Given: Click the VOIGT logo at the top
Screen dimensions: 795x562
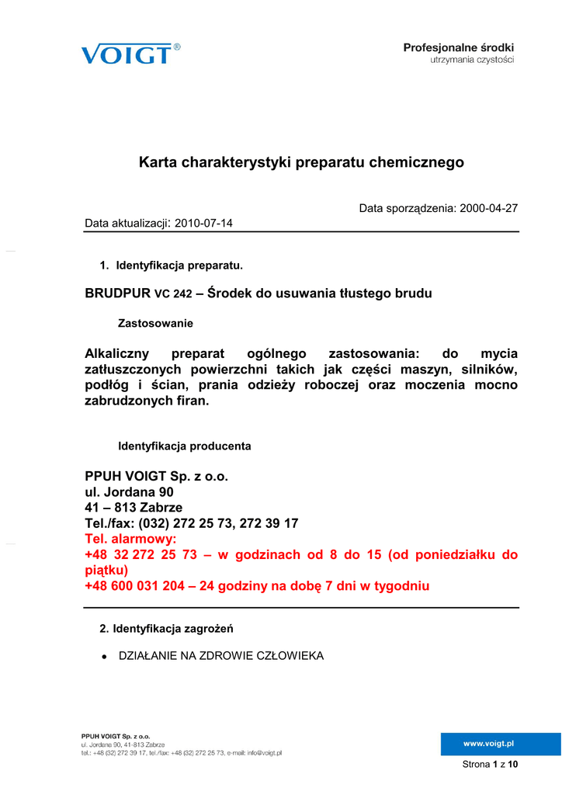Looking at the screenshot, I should pos(126,54).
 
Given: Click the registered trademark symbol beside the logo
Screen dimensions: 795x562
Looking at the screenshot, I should pos(177,47).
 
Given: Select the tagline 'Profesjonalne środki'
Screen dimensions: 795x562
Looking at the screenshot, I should pos(458,48).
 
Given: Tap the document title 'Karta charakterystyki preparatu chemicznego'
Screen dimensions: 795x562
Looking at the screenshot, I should pos(301,162).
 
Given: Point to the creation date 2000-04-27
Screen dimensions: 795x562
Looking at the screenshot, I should pos(489,208).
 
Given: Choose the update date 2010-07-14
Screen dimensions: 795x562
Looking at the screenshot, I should pos(204,224).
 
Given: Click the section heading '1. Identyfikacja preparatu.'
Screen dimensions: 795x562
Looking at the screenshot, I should pos(172,266).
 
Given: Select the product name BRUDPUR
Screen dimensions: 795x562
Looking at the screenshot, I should pos(117,293).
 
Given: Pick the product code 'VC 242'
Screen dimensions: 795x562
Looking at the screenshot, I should pos(173,294).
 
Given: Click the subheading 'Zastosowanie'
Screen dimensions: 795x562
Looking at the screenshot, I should pos(155,323).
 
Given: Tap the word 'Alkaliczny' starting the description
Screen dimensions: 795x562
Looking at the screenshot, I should pos(116,354).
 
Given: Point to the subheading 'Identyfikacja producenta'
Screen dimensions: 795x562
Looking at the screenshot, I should pos(184,446).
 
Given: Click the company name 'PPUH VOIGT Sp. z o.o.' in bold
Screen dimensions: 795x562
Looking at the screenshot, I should pos(156,476).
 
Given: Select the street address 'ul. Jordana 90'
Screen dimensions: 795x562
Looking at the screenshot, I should pos(129,492).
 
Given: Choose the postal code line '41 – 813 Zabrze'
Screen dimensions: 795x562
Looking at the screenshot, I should pos(134,508).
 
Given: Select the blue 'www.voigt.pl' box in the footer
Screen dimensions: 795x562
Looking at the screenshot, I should pos(489,744).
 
